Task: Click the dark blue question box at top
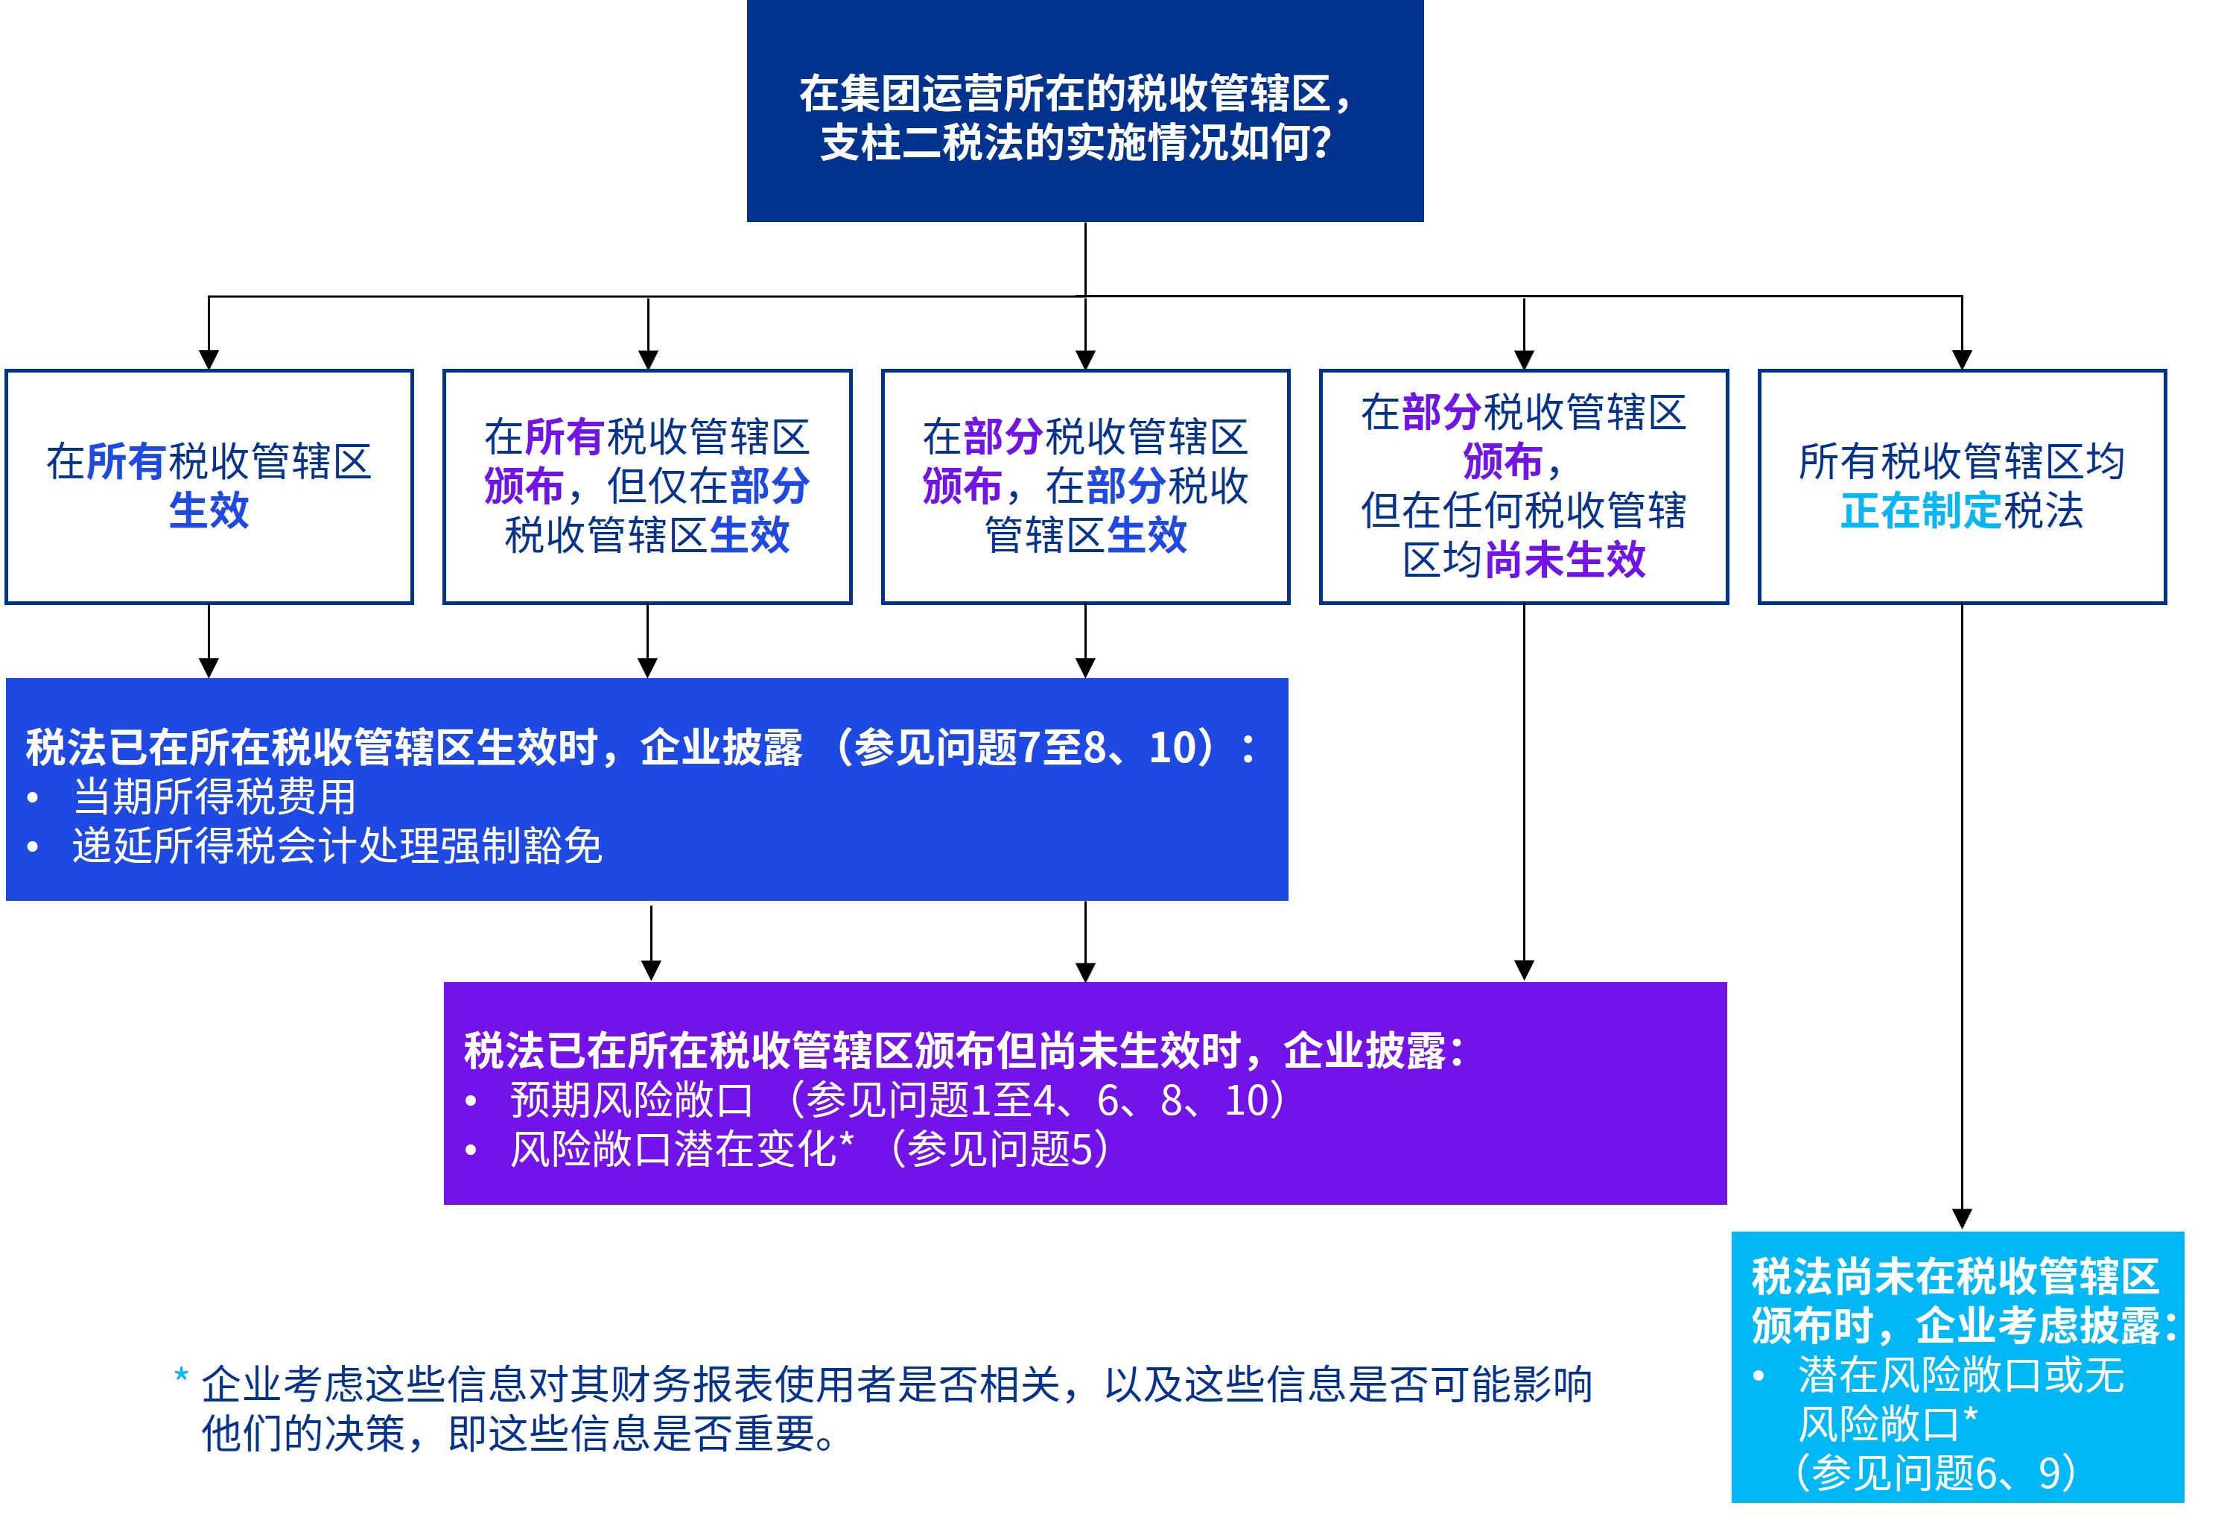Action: click(1084, 110)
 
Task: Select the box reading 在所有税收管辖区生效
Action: click(209, 486)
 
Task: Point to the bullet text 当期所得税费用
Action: click(214, 797)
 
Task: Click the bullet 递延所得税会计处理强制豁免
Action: click(337, 846)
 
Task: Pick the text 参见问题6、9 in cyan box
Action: click(1936, 1473)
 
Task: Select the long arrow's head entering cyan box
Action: click(1962, 1218)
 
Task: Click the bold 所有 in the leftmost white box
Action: click(127, 462)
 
